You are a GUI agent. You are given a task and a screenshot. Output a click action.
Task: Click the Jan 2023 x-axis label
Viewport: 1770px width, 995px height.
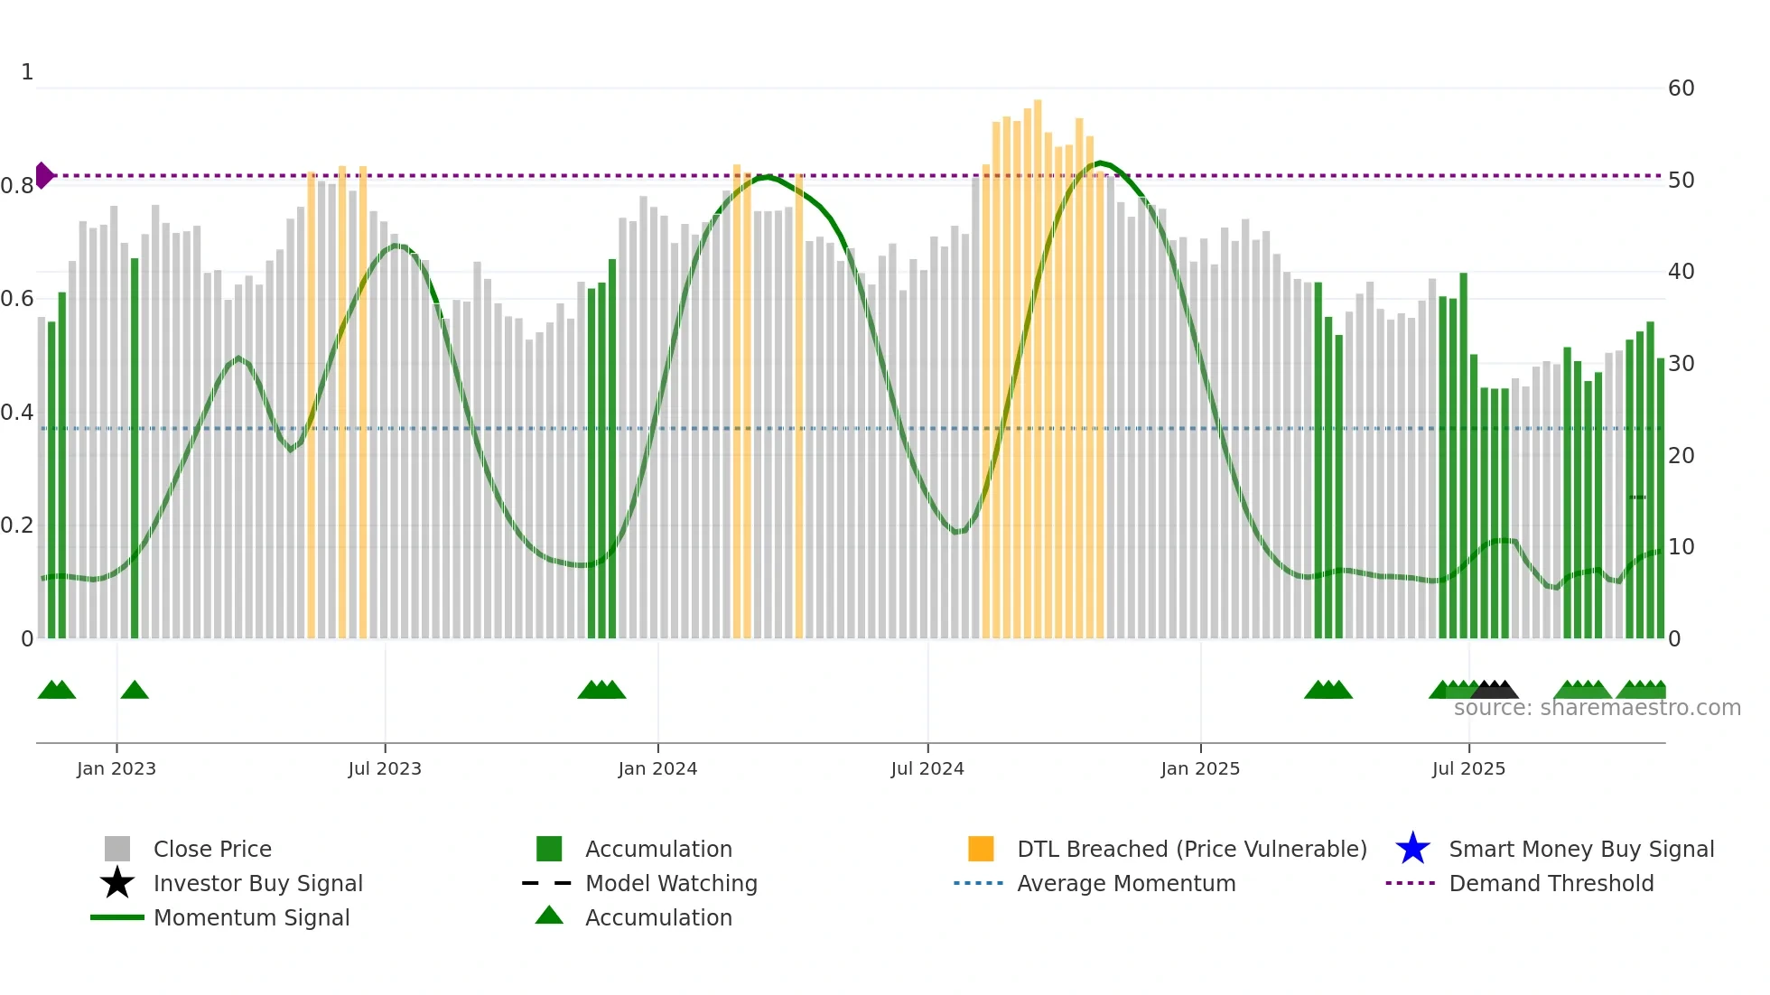pos(116,768)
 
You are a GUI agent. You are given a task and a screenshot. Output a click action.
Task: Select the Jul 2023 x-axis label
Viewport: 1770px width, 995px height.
pos(385,768)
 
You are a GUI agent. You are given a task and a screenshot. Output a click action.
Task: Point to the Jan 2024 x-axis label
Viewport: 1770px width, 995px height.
pos(657,768)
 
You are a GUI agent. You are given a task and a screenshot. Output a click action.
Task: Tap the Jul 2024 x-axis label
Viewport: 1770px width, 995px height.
pos(927,768)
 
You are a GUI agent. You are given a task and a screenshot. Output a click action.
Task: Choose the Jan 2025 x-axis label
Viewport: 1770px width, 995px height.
pos(1200,768)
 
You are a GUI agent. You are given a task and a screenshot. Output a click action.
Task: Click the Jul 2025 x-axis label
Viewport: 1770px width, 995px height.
pos(1468,768)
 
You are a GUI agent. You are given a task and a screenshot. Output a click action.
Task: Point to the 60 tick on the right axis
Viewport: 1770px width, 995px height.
pos(1681,88)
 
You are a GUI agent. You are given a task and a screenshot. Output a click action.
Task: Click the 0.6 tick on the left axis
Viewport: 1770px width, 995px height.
pos(17,299)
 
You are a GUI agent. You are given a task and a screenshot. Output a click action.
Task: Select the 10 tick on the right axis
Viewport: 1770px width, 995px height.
pos(1681,547)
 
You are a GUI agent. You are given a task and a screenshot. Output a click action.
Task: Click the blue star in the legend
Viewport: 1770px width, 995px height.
pos(1412,849)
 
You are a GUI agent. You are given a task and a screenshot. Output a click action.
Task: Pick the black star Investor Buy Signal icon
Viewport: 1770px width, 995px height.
pos(117,883)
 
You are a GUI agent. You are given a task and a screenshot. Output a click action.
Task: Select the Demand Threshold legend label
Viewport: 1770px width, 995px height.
pos(1551,883)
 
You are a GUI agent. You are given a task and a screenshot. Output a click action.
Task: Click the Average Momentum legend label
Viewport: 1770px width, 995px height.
pos(1126,883)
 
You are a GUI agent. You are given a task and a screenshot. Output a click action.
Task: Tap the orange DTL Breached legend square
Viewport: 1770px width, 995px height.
pos(981,849)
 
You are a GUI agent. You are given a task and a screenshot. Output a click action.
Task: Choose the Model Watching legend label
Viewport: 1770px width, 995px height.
pos(671,883)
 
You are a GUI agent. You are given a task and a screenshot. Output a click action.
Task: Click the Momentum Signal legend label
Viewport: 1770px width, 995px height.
pos(251,917)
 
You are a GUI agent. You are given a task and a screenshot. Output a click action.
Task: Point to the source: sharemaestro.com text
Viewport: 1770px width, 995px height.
pos(1597,708)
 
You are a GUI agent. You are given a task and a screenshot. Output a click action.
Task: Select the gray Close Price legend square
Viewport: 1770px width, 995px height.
pos(117,849)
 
